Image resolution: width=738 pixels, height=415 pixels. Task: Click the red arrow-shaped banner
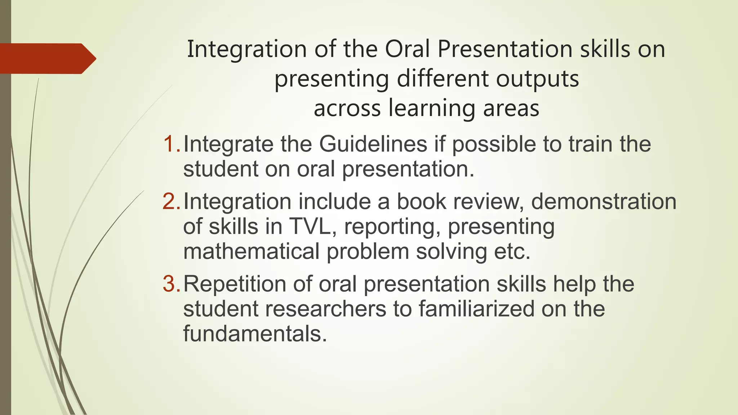[x=47, y=59]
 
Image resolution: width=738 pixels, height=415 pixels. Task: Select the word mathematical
[x=251, y=251]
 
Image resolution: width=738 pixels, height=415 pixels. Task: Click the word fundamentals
[x=255, y=334]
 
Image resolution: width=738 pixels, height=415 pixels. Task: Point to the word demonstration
[x=604, y=201]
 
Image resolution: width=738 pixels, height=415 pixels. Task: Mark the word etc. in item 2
[x=512, y=251]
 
